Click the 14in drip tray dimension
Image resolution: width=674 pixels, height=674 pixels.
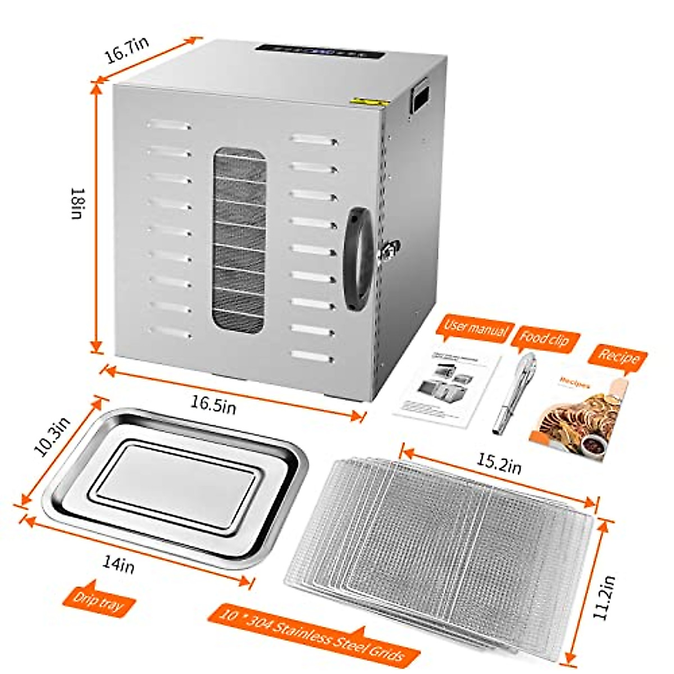(x=119, y=563)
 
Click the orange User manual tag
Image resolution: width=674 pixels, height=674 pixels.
(x=475, y=329)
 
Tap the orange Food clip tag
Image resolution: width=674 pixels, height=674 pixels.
(x=544, y=339)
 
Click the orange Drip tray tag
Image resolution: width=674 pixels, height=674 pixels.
(x=97, y=603)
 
